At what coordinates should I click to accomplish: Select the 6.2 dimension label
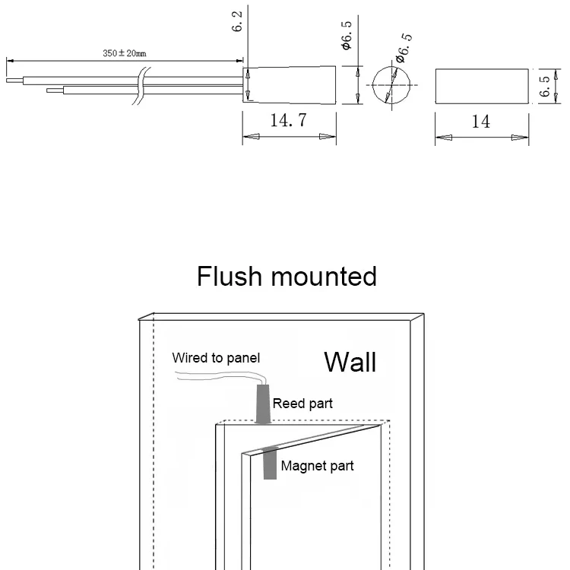point(238,23)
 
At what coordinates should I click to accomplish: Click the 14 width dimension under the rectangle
point(481,121)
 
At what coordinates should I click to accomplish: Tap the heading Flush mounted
point(287,275)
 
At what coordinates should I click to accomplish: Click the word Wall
point(350,362)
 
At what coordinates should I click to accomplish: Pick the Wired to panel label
point(216,357)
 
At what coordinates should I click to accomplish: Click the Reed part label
point(302,404)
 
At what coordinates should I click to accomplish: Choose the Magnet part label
point(317,465)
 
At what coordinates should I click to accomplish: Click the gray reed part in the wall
point(263,405)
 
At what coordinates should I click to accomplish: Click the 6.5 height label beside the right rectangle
point(545,85)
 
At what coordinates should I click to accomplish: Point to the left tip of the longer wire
point(9,78)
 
